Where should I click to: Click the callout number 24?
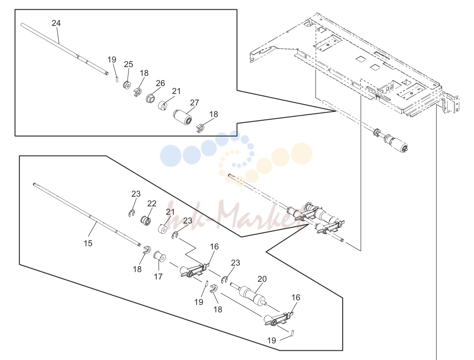(x=56, y=23)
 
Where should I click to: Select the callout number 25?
(x=129, y=64)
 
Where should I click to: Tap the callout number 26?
(x=160, y=83)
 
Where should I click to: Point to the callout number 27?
(x=194, y=103)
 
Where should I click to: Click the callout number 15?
(x=88, y=243)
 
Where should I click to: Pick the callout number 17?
(x=158, y=276)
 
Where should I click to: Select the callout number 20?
(x=262, y=279)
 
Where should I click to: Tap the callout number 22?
(x=152, y=204)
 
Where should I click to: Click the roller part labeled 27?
(x=183, y=118)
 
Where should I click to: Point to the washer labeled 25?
(x=127, y=85)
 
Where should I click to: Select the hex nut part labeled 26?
(x=150, y=98)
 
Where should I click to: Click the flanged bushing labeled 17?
(x=160, y=257)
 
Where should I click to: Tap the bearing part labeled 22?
(x=146, y=220)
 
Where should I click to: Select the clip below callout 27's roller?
(x=201, y=128)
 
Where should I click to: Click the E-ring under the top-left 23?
(x=131, y=213)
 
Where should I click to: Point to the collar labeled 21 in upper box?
(x=163, y=106)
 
